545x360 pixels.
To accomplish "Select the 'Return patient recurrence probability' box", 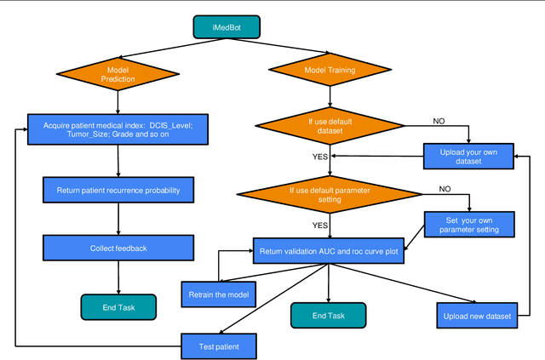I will tap(118, 188).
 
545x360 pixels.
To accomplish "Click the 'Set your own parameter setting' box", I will tap(468, 225).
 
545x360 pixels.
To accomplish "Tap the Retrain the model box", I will tap(219, 294).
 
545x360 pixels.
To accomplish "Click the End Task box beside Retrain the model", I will tap(328, 315).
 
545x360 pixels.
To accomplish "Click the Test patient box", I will tap(219, 346).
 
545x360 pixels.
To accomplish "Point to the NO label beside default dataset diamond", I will tap(439, 121).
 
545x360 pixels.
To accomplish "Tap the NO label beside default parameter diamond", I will tap(445, 188).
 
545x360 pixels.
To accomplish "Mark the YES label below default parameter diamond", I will tap(320, 226).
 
